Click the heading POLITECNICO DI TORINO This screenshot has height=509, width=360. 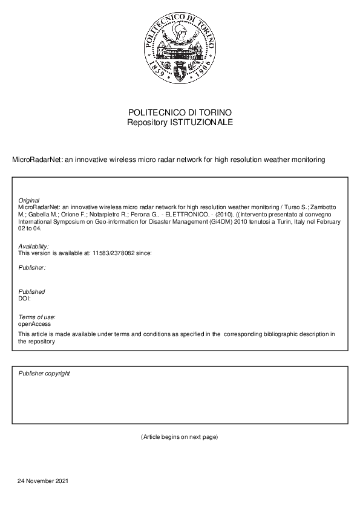(x=180, y=113)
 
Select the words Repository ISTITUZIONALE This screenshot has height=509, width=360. (x=180, y=122)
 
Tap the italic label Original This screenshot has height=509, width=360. (x=29, y=200)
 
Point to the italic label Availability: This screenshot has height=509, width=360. (x=33, y=247)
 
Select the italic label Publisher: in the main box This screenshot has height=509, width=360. (x=32, y=267)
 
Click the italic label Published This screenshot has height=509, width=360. (x=31, y=292)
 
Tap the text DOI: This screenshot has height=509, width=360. (x=25, y=298)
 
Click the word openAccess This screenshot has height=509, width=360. (x=34, y=324)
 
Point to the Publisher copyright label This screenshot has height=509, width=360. (x=44, y=374)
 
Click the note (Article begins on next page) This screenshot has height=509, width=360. (x=179, y=436)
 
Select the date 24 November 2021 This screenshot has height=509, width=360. (x=43, y=481)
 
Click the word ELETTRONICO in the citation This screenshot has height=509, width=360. (x=182, y=214)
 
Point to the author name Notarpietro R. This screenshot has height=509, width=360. (x=111, y=214)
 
